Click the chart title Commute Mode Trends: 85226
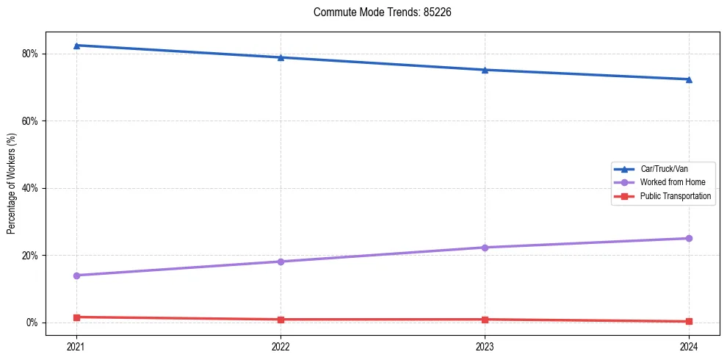[x=377, y=12]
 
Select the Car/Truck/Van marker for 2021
[x=76, y=46]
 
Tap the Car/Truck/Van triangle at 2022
[x=281, y=57]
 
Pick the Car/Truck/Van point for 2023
[x=485, y=70]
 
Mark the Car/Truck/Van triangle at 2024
[x=689, y=79]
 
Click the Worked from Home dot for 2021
[x=76, y=276]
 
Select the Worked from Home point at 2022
[x=281, y=262]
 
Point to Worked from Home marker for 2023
[x=485, y=248]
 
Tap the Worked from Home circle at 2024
[x=689, y=238]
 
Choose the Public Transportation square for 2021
[x=76, y=317]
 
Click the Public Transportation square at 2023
[x=485, y=320]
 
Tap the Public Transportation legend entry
[x=675, y=196]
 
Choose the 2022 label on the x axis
[x=281, y=345]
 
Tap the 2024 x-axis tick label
[x=689, y=345]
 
